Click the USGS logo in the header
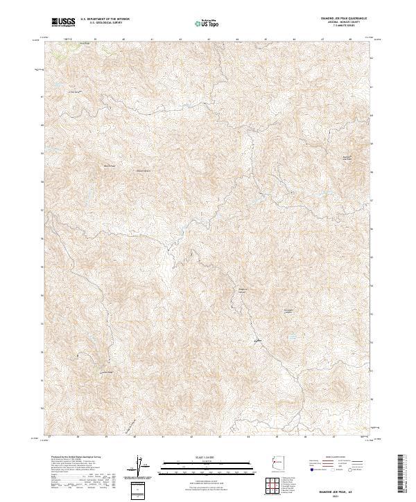coord(63,22)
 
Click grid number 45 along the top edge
coord(266,39)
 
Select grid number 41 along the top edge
coord(152,39)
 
